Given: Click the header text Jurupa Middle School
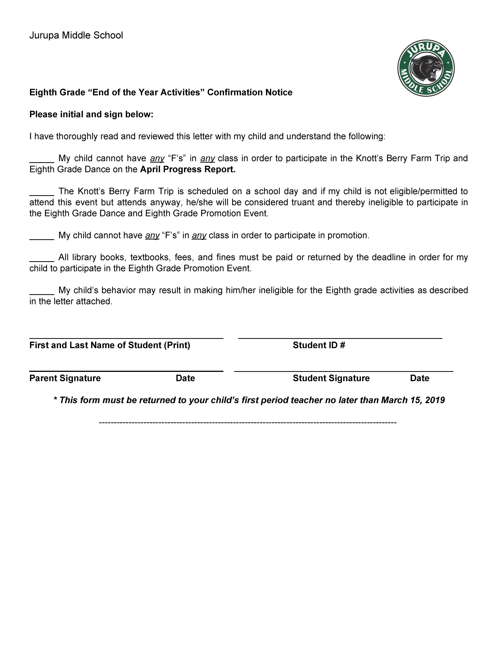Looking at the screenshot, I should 76,35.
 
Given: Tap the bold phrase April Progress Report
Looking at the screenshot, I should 187,170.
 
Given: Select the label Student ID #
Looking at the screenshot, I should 319,345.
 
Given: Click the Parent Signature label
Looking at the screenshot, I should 65,378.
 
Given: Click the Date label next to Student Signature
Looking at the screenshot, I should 419,378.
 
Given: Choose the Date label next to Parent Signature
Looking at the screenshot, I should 185,378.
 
